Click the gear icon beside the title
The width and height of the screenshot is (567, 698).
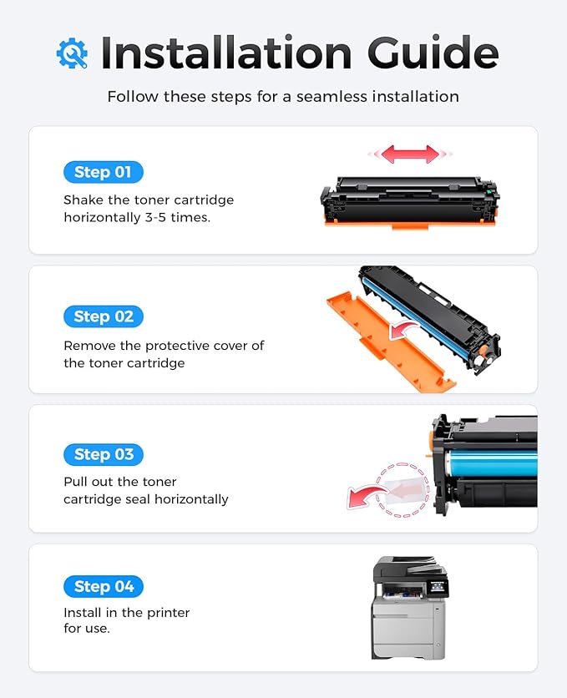[72, 53]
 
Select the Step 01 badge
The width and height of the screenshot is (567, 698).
[103, 172]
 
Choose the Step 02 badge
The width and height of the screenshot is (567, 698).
[103, 316]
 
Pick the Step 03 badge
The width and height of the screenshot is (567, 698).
[103, 454]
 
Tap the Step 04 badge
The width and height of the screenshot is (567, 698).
[103, 586]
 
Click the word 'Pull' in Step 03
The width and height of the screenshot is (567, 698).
[75, 482]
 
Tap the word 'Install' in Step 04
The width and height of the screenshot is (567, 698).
[83, 613]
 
